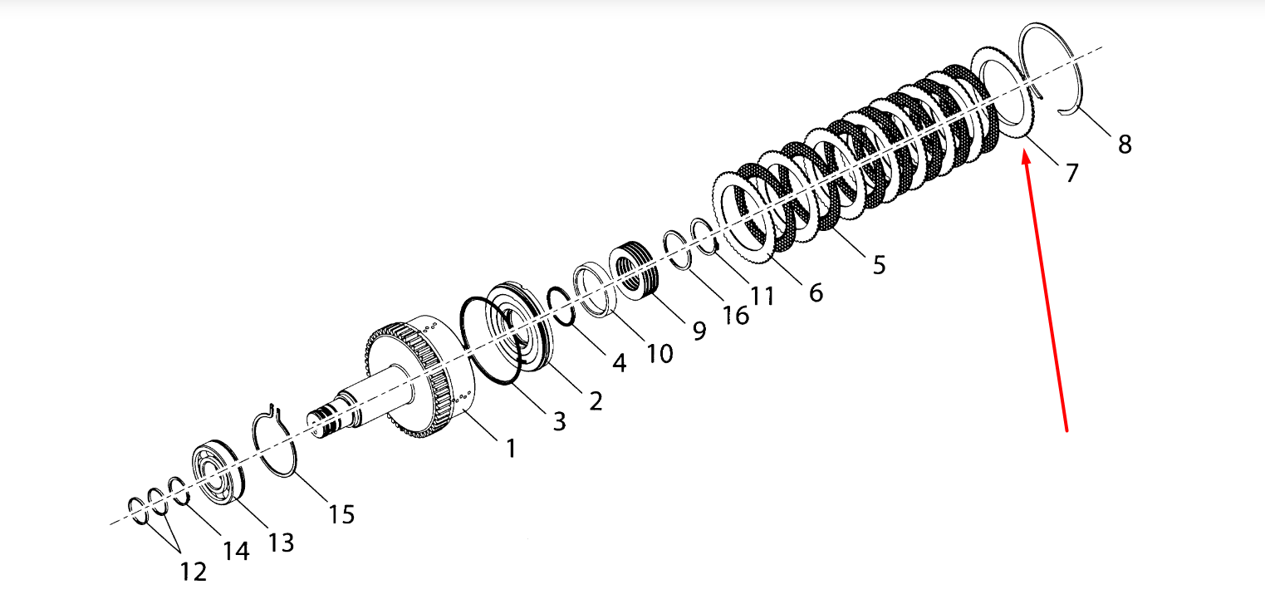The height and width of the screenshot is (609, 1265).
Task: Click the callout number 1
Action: pyautogui.click(x=511, y=449)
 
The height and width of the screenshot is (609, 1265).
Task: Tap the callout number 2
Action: pyautogui.click(x=596, y=400)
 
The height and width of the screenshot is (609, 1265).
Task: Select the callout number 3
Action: pyautogui.click(x=559, y=421)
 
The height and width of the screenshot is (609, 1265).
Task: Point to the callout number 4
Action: pyautogui.click(x=620, y=363)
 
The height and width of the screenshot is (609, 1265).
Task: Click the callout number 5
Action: pyautogui.click(x=880, y=264)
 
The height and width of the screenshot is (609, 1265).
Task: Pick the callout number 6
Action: pyautogui.click(x=816, y=292)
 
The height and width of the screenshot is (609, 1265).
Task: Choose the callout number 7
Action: pyautogui.click(x=1071, y=173)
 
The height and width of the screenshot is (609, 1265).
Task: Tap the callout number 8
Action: pyautogui.click(x=1125, y=145)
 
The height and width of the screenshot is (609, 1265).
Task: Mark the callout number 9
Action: pyautogui.click(x=699, y=331)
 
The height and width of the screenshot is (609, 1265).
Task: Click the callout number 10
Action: pyautogui.click(x=659, y=354)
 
